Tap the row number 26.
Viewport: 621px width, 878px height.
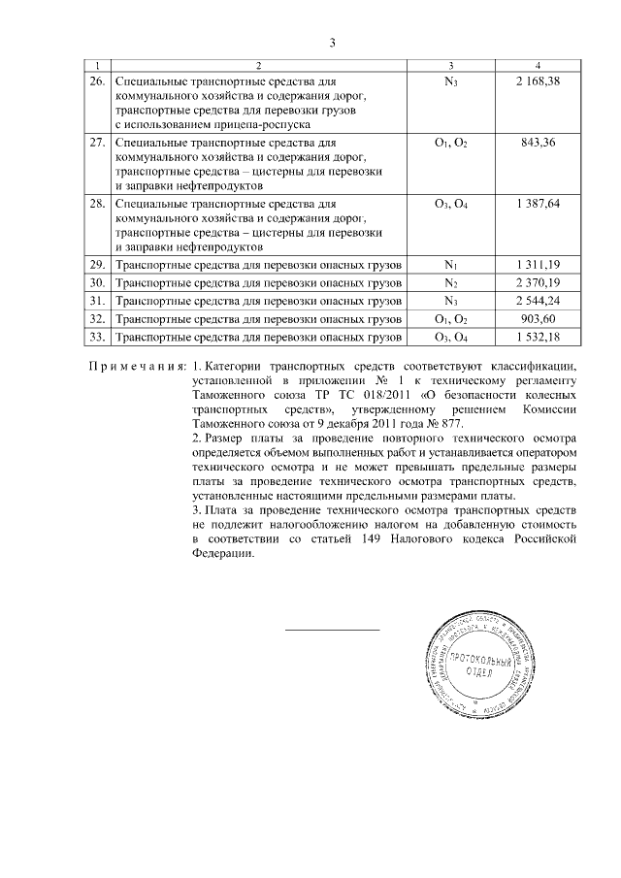(x=96, y=81)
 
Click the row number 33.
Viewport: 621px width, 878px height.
(x=96, y=338)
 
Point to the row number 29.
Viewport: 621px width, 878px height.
(x=96, y=265)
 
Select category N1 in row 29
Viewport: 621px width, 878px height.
(x=451, y=265)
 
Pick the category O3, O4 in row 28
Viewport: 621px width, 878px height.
(x=452, y=205)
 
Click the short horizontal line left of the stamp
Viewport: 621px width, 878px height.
(x=332, y=632)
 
